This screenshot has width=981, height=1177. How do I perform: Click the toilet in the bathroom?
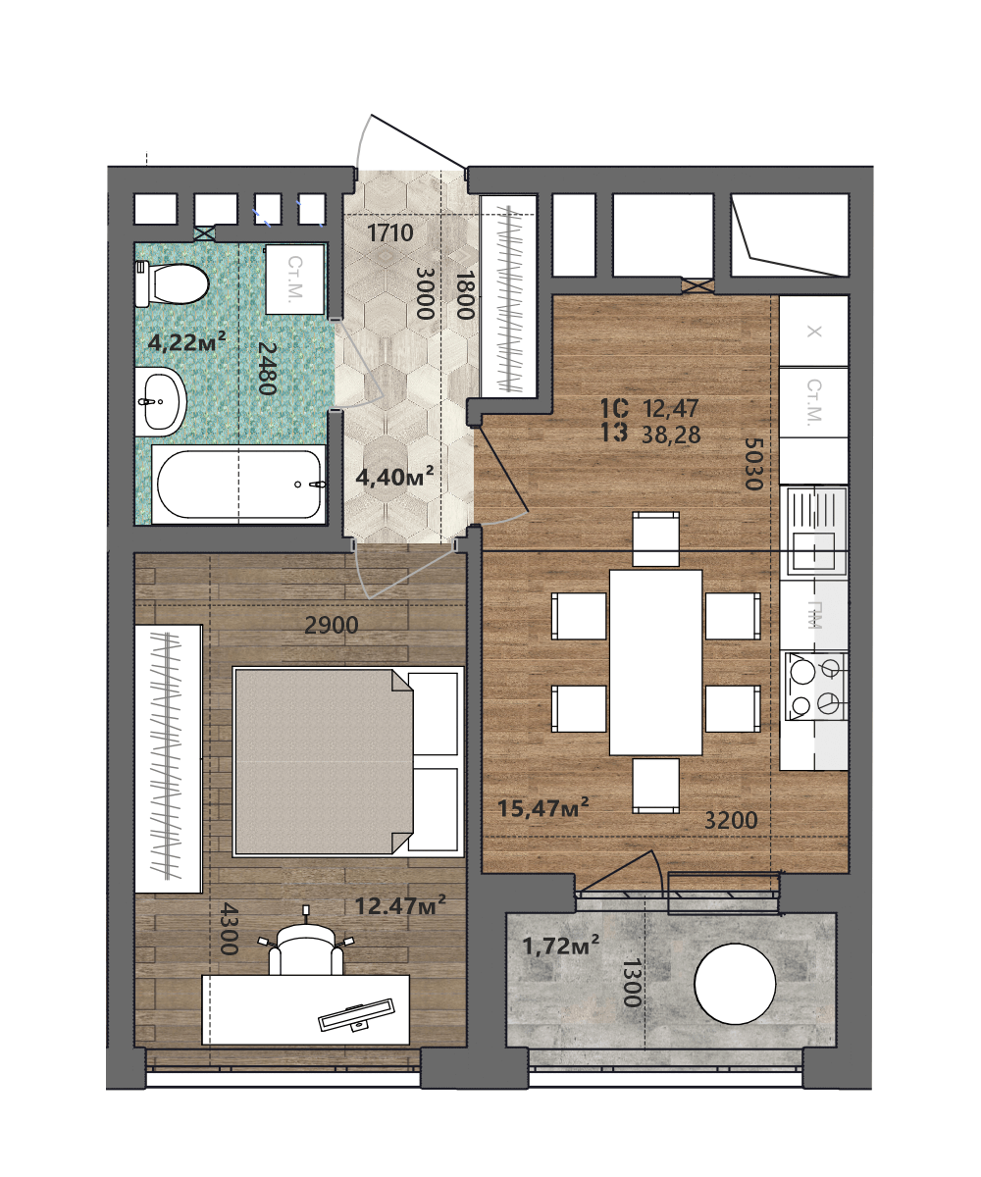(x=171, y=283)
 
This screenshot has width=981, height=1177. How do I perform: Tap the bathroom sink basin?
(x=161, y=401)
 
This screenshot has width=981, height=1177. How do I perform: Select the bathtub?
(x=239, y=484)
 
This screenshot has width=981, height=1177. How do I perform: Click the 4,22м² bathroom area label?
(x=186, y=341)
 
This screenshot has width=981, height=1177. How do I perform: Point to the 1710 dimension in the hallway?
(x=390, y=232)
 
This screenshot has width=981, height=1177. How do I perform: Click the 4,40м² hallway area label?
(x=394, y=477)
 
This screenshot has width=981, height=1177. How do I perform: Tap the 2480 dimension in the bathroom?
(x=267, y=368)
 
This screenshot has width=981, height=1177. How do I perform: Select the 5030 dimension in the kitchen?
(x=753, y=464)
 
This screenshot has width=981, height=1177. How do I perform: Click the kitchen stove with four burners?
(x=814, y=686)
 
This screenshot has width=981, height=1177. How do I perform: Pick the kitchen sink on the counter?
(x=813, y=531)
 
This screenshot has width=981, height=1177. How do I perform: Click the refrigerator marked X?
(x=813, y=332)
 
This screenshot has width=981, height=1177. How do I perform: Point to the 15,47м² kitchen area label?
(x=542, y=807)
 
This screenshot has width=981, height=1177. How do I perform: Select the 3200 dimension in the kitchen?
(x=731, y=820)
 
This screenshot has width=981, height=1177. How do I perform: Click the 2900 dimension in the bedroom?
(x=331, y=625)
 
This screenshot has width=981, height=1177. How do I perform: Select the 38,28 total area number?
(x=671, y=435)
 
